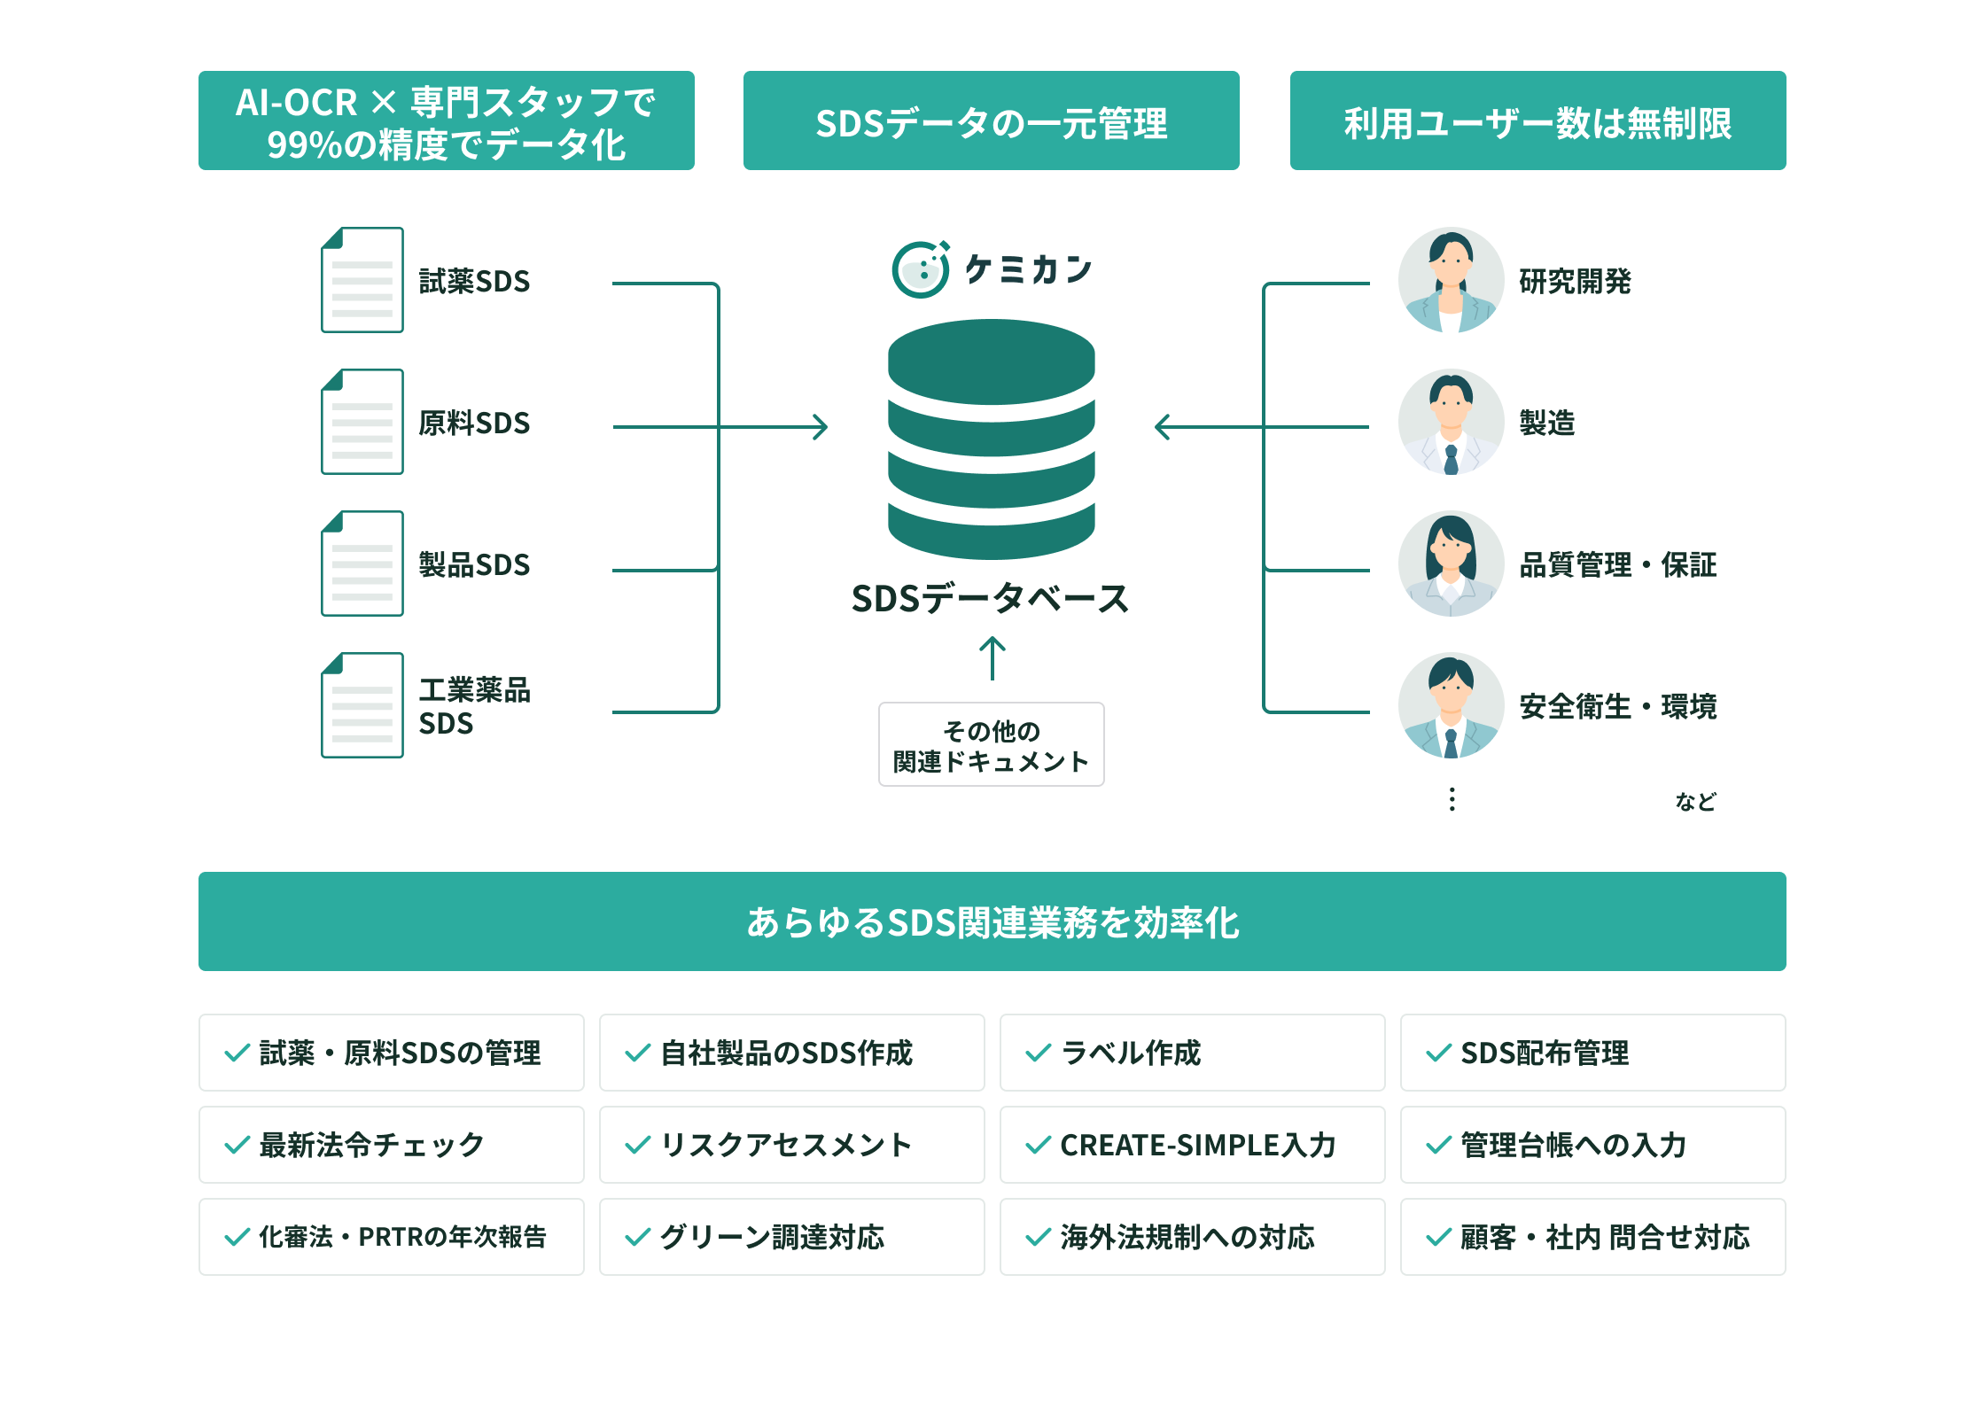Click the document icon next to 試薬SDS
pos(362,280)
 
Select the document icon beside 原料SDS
pos(362,422)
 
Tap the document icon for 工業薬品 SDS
pos(362,705)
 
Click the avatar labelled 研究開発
pos(1451,280)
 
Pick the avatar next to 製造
pos(1451,422)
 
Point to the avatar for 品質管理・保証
pos(1451,564)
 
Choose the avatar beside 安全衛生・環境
pos(1451,705)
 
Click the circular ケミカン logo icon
pos(921,269)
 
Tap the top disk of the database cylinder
pos(991,360)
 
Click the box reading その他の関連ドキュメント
pos(991,744)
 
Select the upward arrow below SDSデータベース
pos(992,657)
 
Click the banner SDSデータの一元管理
pos(991,120)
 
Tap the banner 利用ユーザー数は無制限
pos(1537,120)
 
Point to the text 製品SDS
pos(474,564)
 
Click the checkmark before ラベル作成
pos(1038,1053)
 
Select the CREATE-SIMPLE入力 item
pos(1192,1145)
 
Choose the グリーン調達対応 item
pos(791,1237)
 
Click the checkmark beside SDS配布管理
pos(1438,1053)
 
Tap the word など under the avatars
pos(1695,801)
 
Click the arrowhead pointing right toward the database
pos(821,427)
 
